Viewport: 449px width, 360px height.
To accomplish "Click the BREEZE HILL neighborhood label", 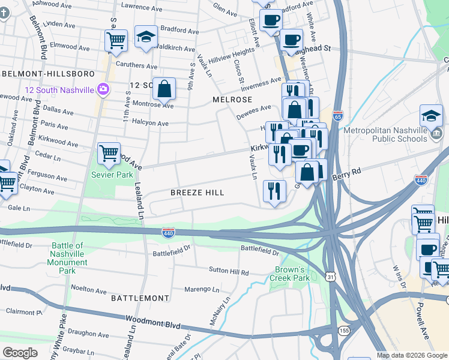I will [x=197, y=193].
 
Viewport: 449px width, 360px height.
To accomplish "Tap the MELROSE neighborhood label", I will [x=231, y=99].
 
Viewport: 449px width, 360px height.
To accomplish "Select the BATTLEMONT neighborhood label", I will [x=139, y=298].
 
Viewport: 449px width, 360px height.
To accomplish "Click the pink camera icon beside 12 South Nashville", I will [x=103, y=89].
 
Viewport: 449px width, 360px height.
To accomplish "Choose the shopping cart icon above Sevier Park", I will [x=109, y=154].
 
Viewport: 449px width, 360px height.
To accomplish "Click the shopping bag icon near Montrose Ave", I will [x=164, y=89].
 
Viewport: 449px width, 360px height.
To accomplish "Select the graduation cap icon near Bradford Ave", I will [x=146, y=37].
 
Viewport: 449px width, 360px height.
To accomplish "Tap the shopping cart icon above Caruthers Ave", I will [x=116, y=41].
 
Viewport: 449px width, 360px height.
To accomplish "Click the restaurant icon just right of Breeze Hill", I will [x=274, y=191].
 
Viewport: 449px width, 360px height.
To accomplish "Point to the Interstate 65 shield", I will [x=338, y=114].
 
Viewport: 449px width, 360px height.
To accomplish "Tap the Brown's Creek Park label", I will [x=292, y=274].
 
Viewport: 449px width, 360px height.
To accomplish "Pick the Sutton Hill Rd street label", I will [x=228, y=272].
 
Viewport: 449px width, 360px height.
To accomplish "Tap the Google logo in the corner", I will [x=20, y=353].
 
